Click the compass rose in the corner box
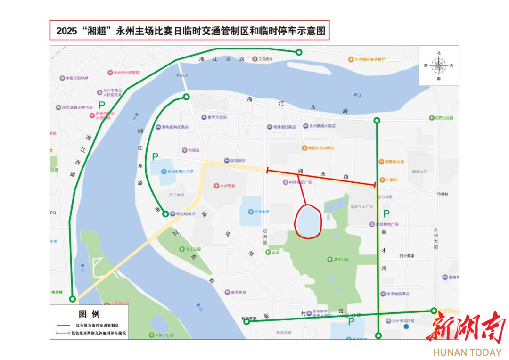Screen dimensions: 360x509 [439, 66]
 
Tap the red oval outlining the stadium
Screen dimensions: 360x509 [308, 221]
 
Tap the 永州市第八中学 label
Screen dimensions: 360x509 [178, 172]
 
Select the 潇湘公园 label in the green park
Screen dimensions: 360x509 [340, 260]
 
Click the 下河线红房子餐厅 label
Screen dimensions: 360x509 [368, 59]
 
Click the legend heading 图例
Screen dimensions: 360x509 [89, 314]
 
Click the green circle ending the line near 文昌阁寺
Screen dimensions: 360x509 [299, 52]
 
